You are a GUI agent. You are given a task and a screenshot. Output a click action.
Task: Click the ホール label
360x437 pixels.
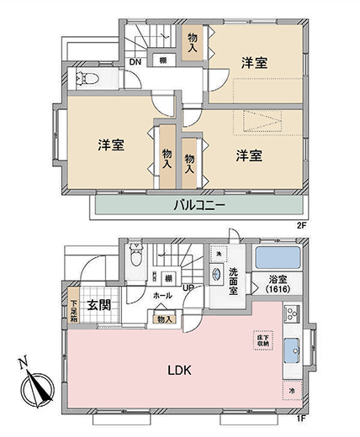pos(163,296)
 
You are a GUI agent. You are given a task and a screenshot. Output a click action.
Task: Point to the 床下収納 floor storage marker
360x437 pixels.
pos(261,340)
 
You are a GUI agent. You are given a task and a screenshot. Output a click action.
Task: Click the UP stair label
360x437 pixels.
pos(188,288)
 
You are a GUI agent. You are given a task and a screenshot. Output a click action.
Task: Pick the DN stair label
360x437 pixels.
pos(135,61)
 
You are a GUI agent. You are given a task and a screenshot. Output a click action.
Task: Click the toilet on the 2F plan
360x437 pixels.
pos(88,80)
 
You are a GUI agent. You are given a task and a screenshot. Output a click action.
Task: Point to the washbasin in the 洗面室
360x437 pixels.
pos(216,273)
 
